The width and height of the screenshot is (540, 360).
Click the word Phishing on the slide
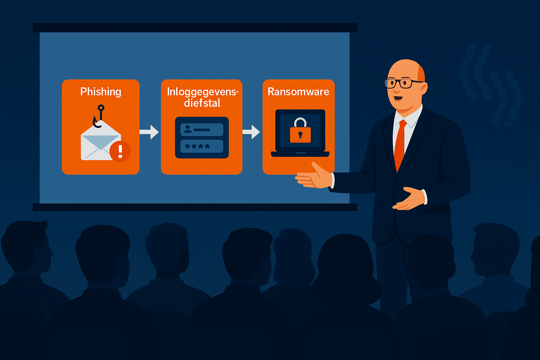click(101, 92)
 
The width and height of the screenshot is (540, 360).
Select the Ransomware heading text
click(298, 92)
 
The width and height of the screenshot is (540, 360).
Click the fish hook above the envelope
click(98, 116)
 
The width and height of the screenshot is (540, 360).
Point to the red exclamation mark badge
click(120, 152)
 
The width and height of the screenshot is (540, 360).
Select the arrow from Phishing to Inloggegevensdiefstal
click(149, 132)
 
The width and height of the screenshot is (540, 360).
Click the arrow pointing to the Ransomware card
click(251, 132)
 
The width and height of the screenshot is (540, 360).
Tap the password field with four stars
click(202, 146)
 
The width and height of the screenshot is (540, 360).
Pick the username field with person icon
click(202, 130)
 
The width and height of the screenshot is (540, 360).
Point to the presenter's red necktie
click(400, 145)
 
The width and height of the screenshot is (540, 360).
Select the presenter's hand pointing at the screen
click(314, 176)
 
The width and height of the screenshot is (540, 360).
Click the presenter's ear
click(423, 89)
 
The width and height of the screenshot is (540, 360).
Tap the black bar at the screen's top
click(195, 28)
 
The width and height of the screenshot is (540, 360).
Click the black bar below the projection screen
click(195, 207)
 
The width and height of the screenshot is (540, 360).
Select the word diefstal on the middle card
click(202, 103)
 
